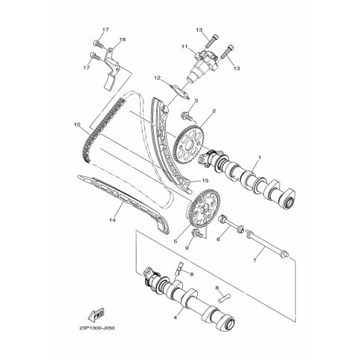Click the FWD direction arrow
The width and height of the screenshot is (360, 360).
pos(96,314)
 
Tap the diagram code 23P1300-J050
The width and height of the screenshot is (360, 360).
pos(97,328)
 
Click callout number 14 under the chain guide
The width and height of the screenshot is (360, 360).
pos(112,219)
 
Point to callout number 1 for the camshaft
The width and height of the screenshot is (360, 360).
pos(260,157)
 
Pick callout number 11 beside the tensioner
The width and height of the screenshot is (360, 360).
pos(191,46)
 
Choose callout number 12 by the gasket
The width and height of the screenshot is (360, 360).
pos(157,78)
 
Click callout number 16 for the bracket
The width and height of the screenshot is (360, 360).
pos(123,39)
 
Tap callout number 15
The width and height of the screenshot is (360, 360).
pos(205,181)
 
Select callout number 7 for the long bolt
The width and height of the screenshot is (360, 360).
pos(254,260)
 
